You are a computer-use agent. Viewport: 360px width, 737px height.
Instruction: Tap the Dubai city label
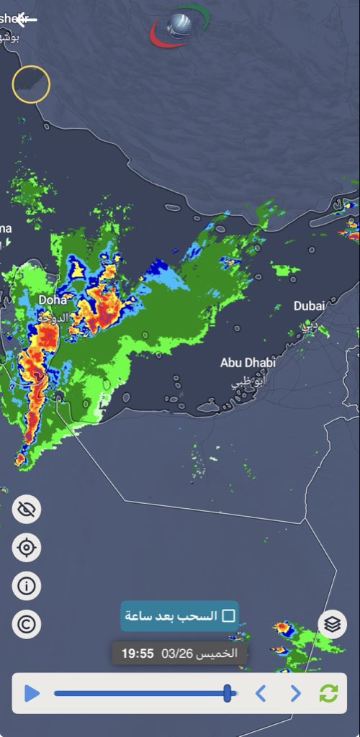point(310,306)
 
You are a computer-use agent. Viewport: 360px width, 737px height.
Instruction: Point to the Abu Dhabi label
point(248,363)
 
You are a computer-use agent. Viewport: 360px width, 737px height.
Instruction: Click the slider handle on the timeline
point(228,693)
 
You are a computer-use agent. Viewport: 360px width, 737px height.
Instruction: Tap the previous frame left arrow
point(261,694)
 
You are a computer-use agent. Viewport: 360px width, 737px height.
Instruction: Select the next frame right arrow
point(295,694)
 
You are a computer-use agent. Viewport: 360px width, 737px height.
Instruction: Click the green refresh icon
point(328,694)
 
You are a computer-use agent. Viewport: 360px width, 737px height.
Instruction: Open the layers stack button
point(332,624)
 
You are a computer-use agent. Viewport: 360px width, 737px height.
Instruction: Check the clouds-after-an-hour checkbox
point(229,616)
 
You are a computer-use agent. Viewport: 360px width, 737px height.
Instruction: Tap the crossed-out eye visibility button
point(27,510)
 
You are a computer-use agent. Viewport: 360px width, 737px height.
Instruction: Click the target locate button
point(27,548)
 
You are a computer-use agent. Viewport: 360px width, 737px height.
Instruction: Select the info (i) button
point(27,586)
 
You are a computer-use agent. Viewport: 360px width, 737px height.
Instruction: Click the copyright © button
point(27,623)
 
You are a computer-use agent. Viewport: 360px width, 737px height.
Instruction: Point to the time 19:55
point(138,654)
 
